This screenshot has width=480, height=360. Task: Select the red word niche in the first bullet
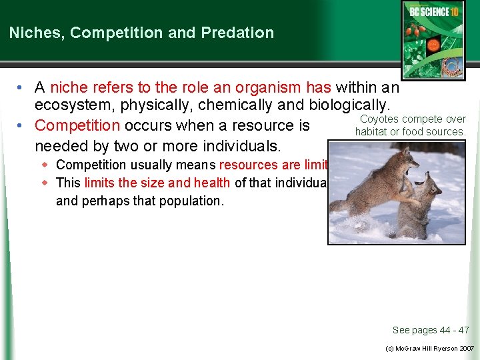(69, 87)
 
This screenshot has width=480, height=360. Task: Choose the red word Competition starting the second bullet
(77, 125)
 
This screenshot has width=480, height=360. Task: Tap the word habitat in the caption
(371, 131)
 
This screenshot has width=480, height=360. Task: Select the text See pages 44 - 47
(430, 330)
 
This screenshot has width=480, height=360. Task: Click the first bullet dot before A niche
(22, 87)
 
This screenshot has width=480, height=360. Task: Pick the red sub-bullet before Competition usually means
(46, 164)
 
